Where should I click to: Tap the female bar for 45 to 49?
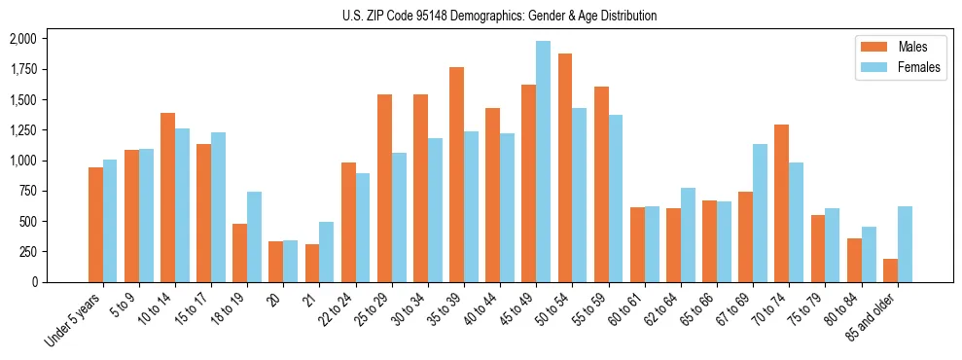click(x=543, y=162)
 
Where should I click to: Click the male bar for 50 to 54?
click(x=564, y=167)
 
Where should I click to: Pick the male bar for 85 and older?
click(x=890, y=270)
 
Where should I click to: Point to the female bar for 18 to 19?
click(x=254, y=236)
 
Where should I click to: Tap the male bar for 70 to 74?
click(x=781, y=203)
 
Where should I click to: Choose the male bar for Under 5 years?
click(x=95, y=225)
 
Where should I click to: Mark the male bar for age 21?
click(x=311, y=263)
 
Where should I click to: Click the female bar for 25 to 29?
click(x=399, y=217)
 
